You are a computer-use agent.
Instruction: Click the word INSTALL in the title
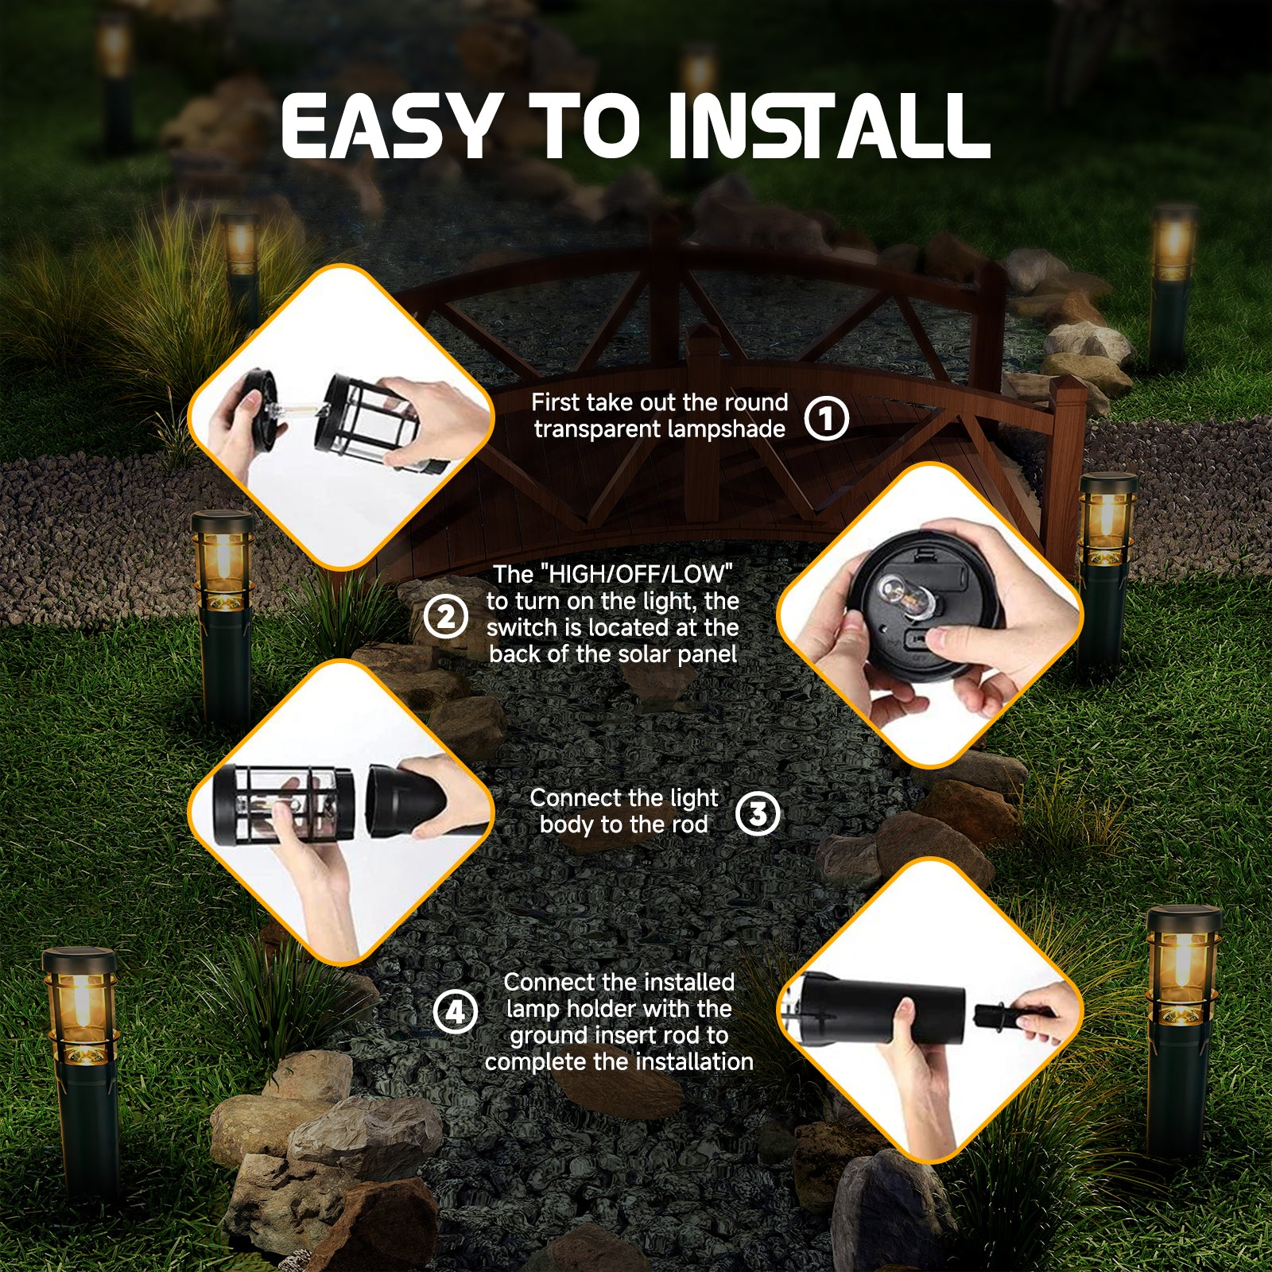click(x=828, y=126)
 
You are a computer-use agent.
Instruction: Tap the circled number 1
click(x=826, y=418)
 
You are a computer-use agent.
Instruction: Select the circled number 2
click(x=445, y=617)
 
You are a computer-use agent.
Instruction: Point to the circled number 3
click(x=758, y=813)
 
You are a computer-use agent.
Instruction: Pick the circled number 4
click(x=455, y=1013)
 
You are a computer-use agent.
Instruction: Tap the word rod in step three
click(x=688, y=825)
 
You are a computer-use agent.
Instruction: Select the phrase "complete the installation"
click(x=619, y=1062)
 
